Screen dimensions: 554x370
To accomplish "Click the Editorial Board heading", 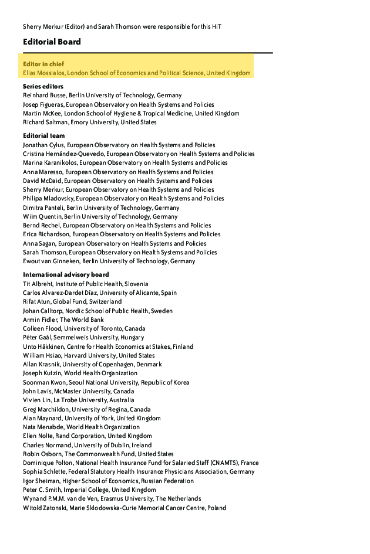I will pos(52,42).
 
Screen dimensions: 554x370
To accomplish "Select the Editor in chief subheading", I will pos(43,63).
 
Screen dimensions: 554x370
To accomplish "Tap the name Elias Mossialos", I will pos(43,73).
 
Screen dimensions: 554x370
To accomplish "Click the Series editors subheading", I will pos(43,86).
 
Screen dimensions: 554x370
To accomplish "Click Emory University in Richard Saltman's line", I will pos(93,122).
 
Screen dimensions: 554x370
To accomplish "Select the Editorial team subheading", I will pos(44,135).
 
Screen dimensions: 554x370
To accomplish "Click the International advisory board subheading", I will pos(66,274).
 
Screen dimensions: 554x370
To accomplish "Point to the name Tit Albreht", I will pos(38,284).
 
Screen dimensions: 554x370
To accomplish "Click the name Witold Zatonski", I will pos(46,508).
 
